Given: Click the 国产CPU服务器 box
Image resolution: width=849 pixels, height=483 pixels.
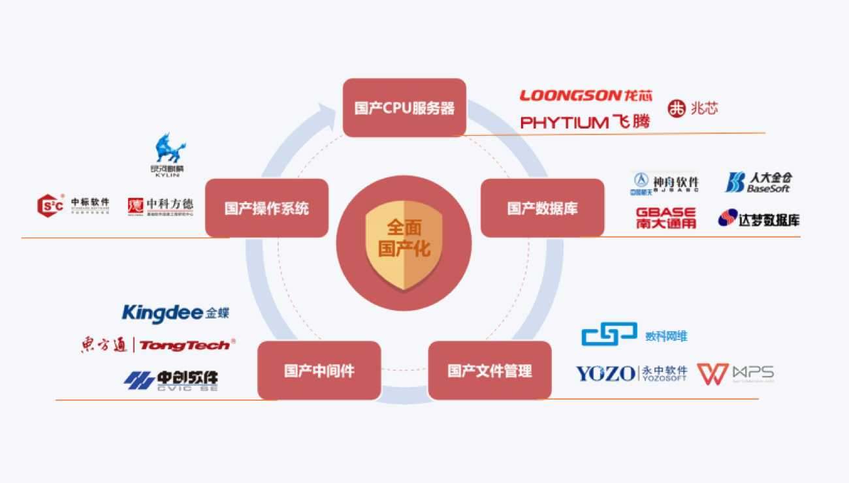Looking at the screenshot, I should pos(404,108).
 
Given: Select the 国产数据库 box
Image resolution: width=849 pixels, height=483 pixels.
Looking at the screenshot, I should pos(542,208).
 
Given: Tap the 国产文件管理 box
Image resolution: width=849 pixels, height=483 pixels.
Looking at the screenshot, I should pos(489,371).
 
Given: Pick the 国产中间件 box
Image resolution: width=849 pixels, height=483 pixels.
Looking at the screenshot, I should pos(319,371).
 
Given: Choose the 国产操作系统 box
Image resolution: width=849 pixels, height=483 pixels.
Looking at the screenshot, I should pos(266,208).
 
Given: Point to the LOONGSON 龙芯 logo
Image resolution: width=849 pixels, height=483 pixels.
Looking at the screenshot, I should pos(585,96).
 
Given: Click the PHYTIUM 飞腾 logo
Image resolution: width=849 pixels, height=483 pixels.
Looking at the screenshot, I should pos(585,122).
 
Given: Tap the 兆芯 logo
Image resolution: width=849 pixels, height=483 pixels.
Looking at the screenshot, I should pos(693,108).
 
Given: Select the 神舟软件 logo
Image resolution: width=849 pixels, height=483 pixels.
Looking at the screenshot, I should pos(664,182).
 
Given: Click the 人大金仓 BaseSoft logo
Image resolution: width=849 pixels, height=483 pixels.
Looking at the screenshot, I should pos(758,182).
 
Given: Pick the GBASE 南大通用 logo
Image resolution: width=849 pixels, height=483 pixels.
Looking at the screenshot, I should pos(665,218).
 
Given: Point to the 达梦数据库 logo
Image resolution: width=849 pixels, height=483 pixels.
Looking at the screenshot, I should pos(758,219).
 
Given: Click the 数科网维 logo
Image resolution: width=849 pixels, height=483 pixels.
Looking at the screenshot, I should pos(633,335).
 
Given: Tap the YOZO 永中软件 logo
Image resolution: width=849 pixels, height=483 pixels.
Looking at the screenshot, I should pos(630,373).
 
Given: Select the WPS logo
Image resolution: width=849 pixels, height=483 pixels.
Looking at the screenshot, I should pos(735,373).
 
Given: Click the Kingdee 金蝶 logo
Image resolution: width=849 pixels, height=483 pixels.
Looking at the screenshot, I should pos(175,313).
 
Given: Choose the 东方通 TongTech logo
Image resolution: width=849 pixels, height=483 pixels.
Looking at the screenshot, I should pos(157,345).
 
